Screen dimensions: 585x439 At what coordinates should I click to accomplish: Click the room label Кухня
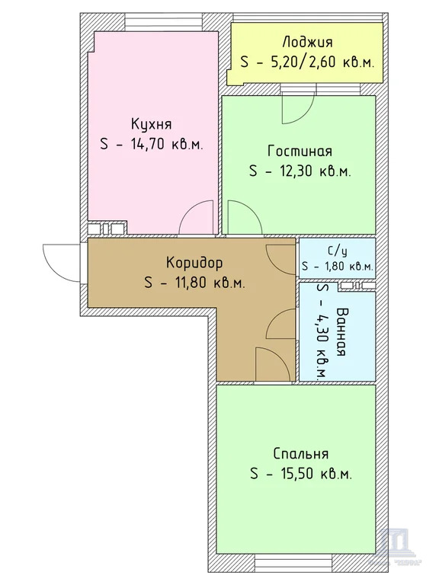tap(150, 124)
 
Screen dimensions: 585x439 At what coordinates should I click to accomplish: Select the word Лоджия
tap(306, 43)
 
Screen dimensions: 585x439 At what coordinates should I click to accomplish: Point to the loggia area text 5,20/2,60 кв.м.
tap(306, 62)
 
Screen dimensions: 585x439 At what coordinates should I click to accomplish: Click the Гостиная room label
tap(300, 151)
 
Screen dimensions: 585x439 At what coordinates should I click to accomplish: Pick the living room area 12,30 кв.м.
tap(300, 171)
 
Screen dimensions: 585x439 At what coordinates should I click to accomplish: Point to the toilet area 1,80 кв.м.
tap(336, 267)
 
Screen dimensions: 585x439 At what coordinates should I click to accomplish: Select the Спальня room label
tap(300, 453)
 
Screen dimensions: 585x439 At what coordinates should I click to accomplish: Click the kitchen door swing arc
tap(197, 218)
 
